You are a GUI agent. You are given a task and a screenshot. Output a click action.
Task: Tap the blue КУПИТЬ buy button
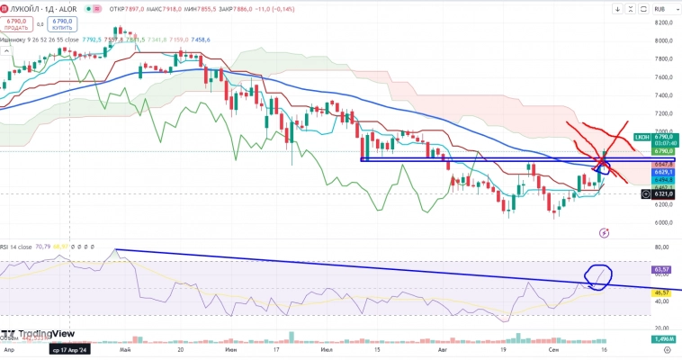coord(61,22)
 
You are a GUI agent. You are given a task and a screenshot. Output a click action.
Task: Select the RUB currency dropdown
coord(661,9)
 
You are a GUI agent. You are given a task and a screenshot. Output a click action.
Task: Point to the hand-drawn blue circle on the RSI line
coord(598,276)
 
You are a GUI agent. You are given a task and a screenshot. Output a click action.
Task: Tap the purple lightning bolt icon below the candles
coord(604,232)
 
